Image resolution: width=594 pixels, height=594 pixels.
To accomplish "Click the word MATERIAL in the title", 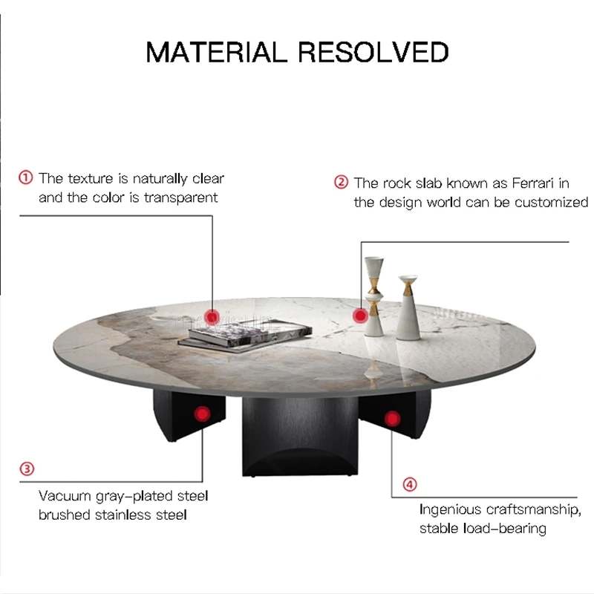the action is coord(216,52).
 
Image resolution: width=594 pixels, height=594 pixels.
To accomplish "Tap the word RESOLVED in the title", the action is coord(373,52).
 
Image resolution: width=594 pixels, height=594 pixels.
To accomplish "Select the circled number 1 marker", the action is coord(26,177).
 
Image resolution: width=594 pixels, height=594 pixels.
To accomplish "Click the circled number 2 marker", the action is coord(341,182).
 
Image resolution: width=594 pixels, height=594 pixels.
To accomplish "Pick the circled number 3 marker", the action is coord(27,469).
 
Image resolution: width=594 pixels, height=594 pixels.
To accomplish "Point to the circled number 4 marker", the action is coord(410,484).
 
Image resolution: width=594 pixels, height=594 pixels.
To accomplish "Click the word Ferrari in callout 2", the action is coord(533,183).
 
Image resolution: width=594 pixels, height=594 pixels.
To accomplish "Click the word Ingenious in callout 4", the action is coord(450,510).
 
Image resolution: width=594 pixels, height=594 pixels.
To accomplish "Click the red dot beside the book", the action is coord(212,317).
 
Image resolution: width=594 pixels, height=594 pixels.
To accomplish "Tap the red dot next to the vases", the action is coord(360,315).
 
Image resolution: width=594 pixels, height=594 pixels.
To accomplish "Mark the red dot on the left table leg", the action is coord(202,414).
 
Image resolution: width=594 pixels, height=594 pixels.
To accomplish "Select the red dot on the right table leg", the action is coord(393,419).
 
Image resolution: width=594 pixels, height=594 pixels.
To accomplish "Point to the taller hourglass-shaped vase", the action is coord(374,296).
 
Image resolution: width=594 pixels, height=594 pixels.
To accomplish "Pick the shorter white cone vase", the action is coord(408,307).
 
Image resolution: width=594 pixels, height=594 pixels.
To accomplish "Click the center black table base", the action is coord(300,436).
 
